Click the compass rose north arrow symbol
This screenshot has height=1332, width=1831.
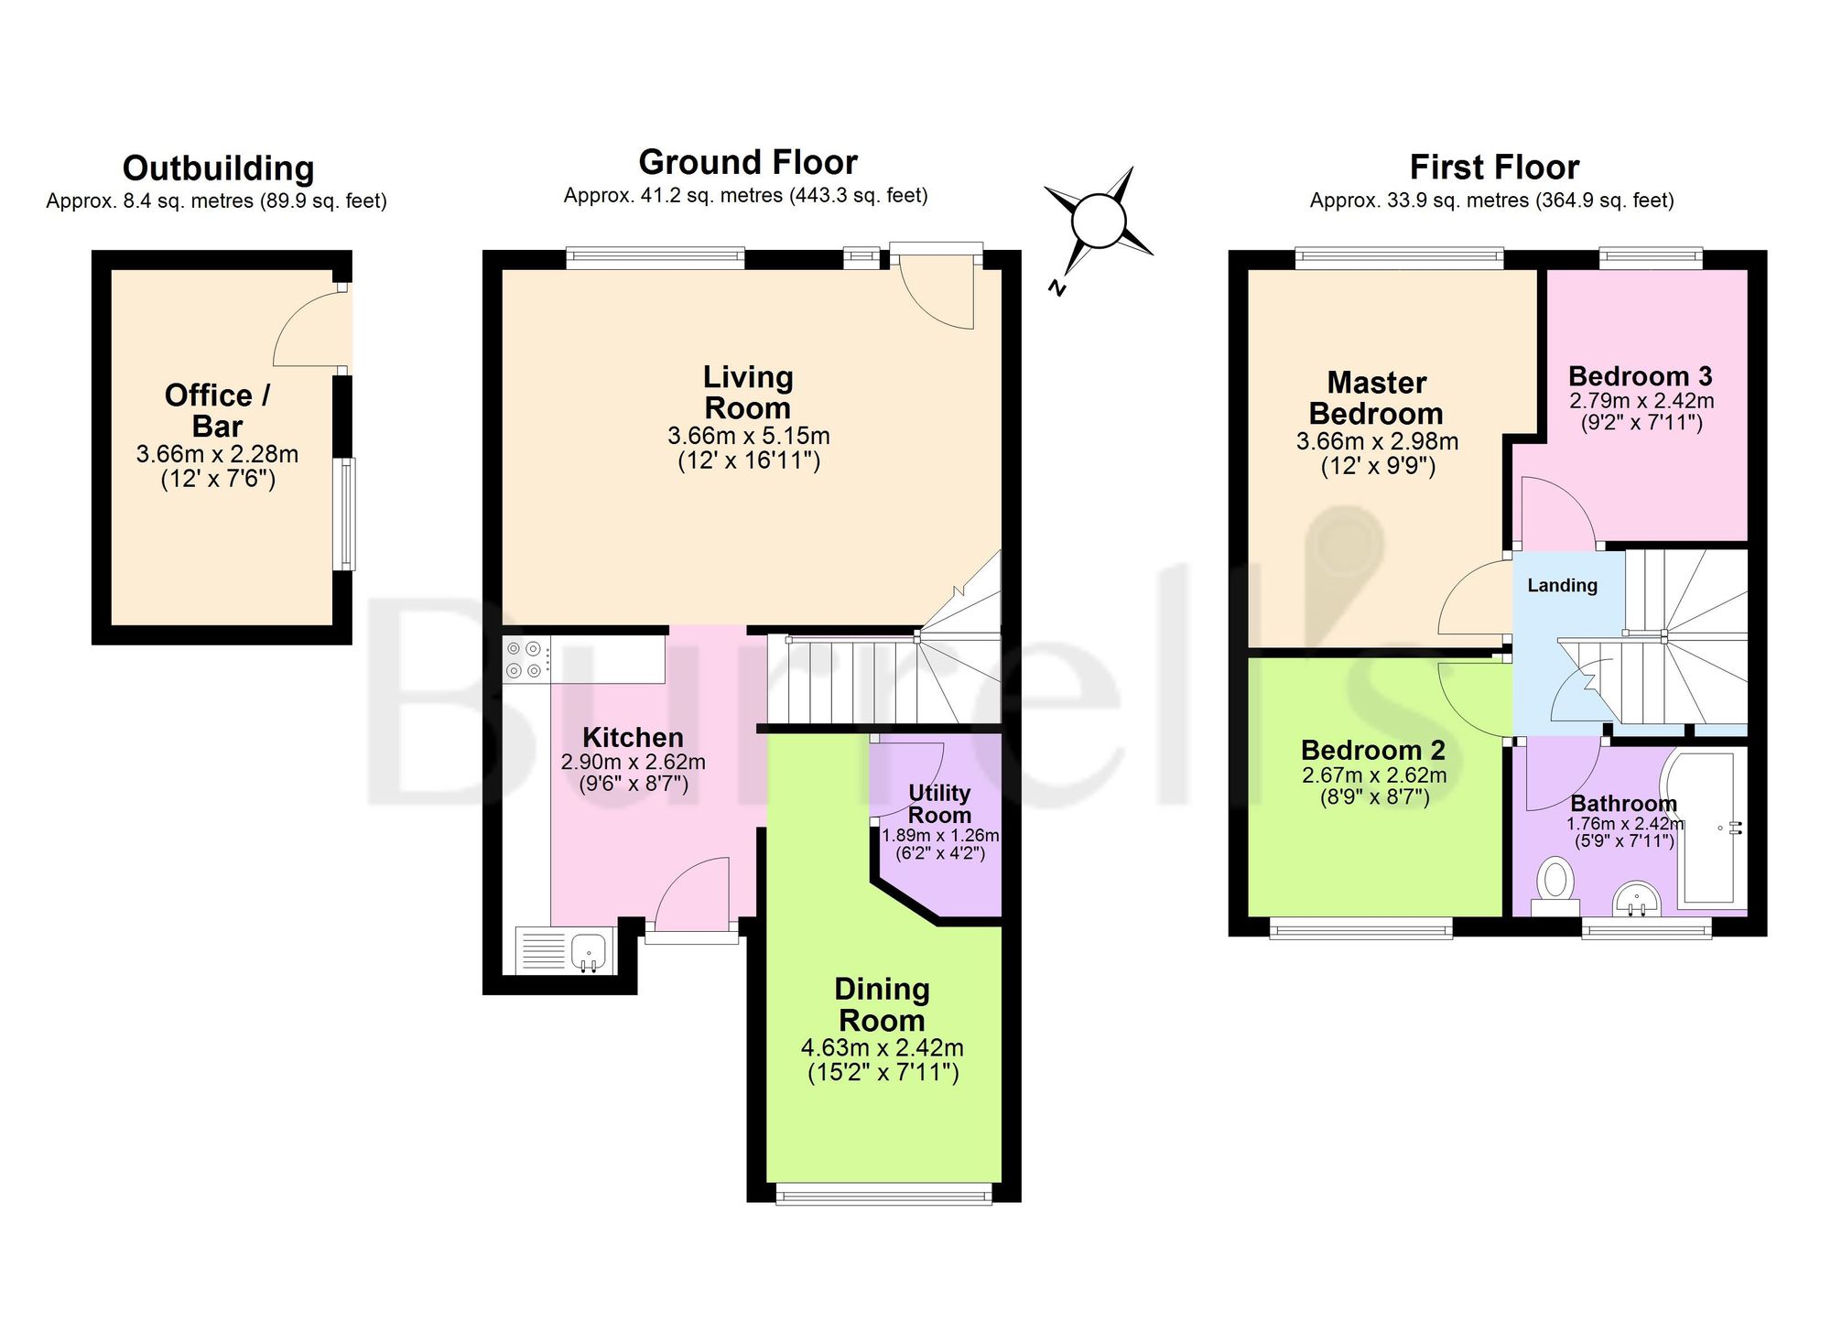pyautogui.click(x=1098, y=222)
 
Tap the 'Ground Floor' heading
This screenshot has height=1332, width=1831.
pyautogui.click(x=748, y=162)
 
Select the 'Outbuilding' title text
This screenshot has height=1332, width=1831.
pyautogui.click(x=218, y=168)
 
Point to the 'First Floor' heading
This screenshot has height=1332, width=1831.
pyautogui.click(x=1494, y=168)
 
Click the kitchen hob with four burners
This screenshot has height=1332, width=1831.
pyautogui.click(x=526, y=659)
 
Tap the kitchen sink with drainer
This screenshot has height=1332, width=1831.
pyautogui.click(x=564, y=950)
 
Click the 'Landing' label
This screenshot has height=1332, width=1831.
pyautogui.click(x=1562, y=585)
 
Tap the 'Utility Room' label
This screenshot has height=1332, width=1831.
pyautogui.click(x=939, y=804)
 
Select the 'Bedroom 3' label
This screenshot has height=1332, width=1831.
pyautogui.click(x=1641, y=376)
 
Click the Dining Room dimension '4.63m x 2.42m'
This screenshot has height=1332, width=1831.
pyautogui.click(x=883, y=1047)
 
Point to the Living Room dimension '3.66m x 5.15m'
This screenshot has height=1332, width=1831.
pyautogui.click(x=749, y=436)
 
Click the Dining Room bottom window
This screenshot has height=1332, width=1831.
pyautogui.click(x=883, y=1194)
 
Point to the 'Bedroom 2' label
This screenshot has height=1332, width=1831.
pyautogui.click(x=1373, y=751)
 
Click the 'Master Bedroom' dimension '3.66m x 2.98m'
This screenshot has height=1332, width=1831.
pyautogui.click(x=1377, y=441)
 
